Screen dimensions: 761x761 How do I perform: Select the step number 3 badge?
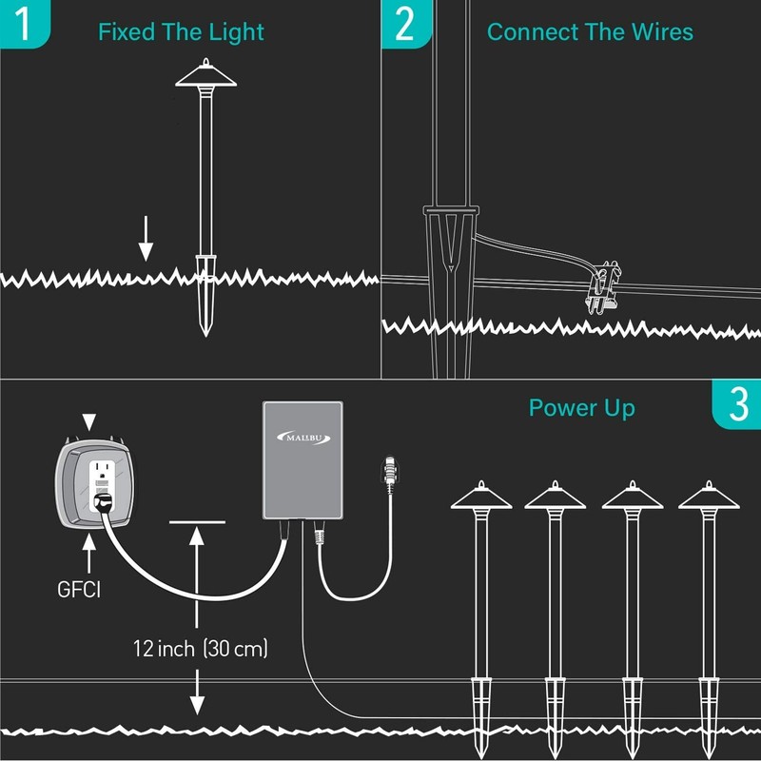(x=736, y=404)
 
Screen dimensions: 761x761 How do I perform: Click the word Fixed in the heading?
(x=127, y=32)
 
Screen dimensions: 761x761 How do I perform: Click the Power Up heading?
(x=582, y=409)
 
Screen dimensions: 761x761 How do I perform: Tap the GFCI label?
(x=79, y=590)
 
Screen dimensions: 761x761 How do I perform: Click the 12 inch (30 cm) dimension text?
(x=201, y=649)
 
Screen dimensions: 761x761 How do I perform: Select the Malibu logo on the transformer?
(x=303, y=438)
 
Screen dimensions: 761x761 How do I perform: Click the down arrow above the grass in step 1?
(x=146, y=239)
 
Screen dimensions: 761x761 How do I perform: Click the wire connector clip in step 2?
(x=603, y=288)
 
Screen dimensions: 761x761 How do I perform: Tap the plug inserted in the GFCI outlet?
(x=103, y=503)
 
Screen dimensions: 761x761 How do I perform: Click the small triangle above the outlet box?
(x=88, y=422)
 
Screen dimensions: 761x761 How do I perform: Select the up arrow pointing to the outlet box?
(x=88, y=554)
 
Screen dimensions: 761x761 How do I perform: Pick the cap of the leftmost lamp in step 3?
(x=481, y=496)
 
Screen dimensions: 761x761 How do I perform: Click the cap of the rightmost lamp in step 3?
(x=709, y=496)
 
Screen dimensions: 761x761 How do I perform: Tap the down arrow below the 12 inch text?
(x=197, y=693)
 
